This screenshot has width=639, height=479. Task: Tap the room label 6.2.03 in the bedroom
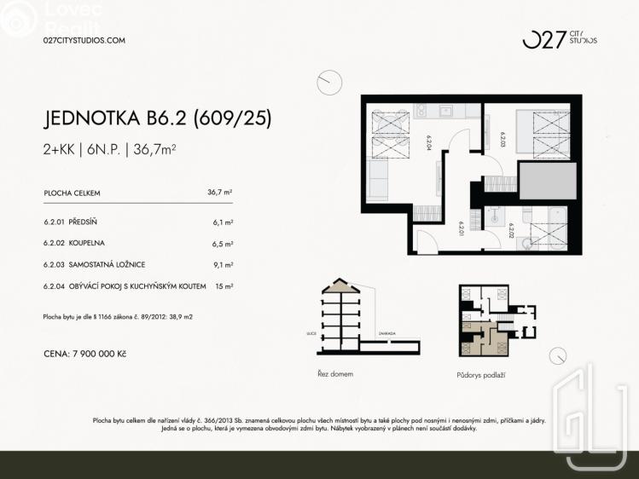[x=502, y=139]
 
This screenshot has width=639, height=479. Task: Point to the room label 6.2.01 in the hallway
[x=461, y=229]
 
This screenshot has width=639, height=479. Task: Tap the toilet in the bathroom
[x=526, y=242]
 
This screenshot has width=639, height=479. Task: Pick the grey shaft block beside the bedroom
[x=547, y=182]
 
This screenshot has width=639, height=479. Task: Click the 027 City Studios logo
[x=560, y=39]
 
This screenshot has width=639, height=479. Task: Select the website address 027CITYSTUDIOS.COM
[x=84, y=40]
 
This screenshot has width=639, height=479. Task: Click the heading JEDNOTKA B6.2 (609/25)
[x=157, y=118]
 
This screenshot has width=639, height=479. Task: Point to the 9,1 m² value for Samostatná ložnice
[x=224, y=265]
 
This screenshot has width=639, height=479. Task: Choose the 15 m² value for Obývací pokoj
[x=225, y=286]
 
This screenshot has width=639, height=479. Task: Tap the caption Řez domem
[x=334, y=373]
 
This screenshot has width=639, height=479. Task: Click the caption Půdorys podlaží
[x=481, y=374]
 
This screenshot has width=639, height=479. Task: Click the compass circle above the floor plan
[x=328, y=84]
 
